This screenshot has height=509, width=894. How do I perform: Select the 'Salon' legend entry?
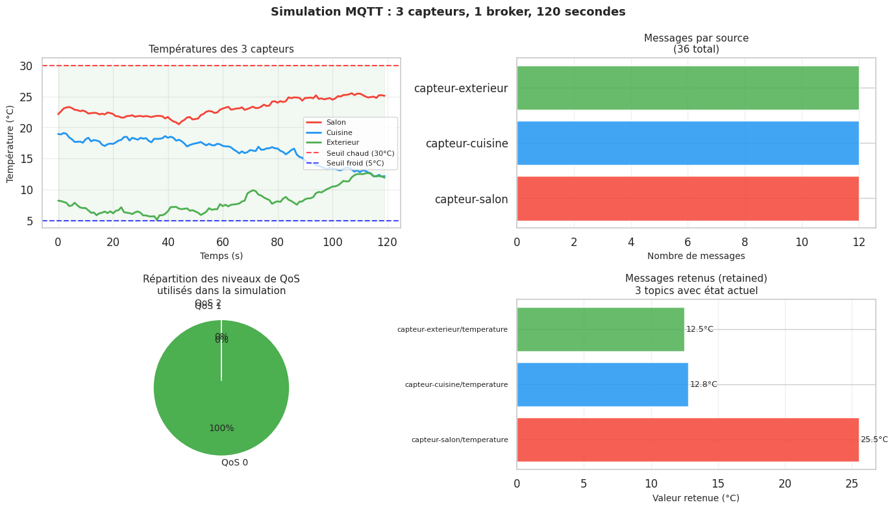pos(336,122)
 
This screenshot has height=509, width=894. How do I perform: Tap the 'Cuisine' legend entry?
pos(339,132)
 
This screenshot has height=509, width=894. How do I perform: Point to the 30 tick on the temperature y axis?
pos(26,66)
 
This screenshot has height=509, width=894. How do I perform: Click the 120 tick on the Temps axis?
pos(388,243)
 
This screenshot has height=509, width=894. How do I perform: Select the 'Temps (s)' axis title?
pos(221,256)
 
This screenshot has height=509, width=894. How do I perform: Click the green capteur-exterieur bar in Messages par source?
pos(688,88)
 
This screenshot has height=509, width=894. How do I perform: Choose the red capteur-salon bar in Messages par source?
pos(688,199)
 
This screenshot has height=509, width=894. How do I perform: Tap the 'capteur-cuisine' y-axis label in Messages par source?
pos(467,143)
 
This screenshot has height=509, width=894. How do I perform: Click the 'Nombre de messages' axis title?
pos(696,256)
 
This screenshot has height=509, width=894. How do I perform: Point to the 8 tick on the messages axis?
pos(745,243)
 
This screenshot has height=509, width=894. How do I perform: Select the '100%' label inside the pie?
pos(221,428)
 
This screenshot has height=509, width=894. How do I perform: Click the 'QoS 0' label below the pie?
pos(234,463)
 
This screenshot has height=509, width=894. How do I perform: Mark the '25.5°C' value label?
pos(874,440)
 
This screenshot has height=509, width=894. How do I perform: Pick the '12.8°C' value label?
pos(703,384)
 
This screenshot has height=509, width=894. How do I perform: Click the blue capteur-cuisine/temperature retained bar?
pos(602,384)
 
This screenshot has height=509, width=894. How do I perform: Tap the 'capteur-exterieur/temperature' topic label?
pos(453,330)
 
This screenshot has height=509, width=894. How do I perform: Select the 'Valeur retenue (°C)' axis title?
pos(696,498)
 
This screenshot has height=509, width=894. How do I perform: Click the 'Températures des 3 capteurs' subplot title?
pos(221,49)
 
